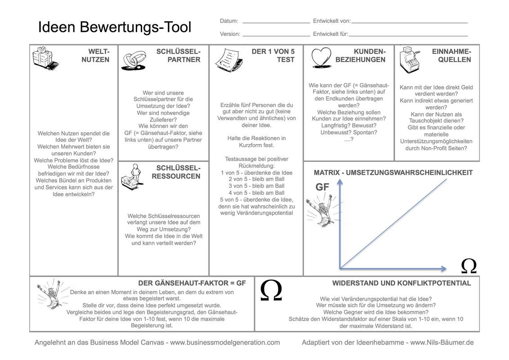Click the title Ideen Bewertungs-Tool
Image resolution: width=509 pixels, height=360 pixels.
tap(115, 27)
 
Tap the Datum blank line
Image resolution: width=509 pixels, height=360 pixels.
tap(276, 22)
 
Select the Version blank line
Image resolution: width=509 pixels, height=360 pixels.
tap(276, 35)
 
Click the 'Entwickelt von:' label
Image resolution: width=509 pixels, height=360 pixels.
tap(332, 21)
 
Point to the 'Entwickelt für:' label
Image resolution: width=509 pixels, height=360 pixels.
tap(330, 34)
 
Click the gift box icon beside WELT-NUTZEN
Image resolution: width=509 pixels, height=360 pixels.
tap(45, 58)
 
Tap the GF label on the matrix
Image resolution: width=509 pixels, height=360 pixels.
tap(322, 187)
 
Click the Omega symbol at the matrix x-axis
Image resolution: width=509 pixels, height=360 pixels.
tap(469, 266)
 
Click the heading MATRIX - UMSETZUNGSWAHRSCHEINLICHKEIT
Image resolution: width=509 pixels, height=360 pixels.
tap(393, 173)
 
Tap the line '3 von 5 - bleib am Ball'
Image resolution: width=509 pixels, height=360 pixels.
tap(256, 186)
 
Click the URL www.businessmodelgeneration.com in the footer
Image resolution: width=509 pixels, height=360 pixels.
tap(225, 342)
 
